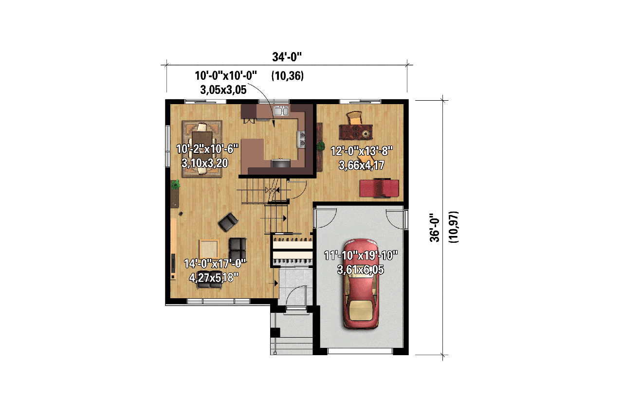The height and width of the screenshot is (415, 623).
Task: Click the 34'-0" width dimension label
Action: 287,57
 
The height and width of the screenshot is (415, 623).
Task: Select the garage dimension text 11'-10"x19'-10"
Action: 361,255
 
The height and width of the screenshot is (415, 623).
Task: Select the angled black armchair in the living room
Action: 228,222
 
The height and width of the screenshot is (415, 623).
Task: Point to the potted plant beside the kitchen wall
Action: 320,146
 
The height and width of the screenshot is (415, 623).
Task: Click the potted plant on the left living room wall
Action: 175,185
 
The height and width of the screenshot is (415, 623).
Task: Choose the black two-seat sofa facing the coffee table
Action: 238,249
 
